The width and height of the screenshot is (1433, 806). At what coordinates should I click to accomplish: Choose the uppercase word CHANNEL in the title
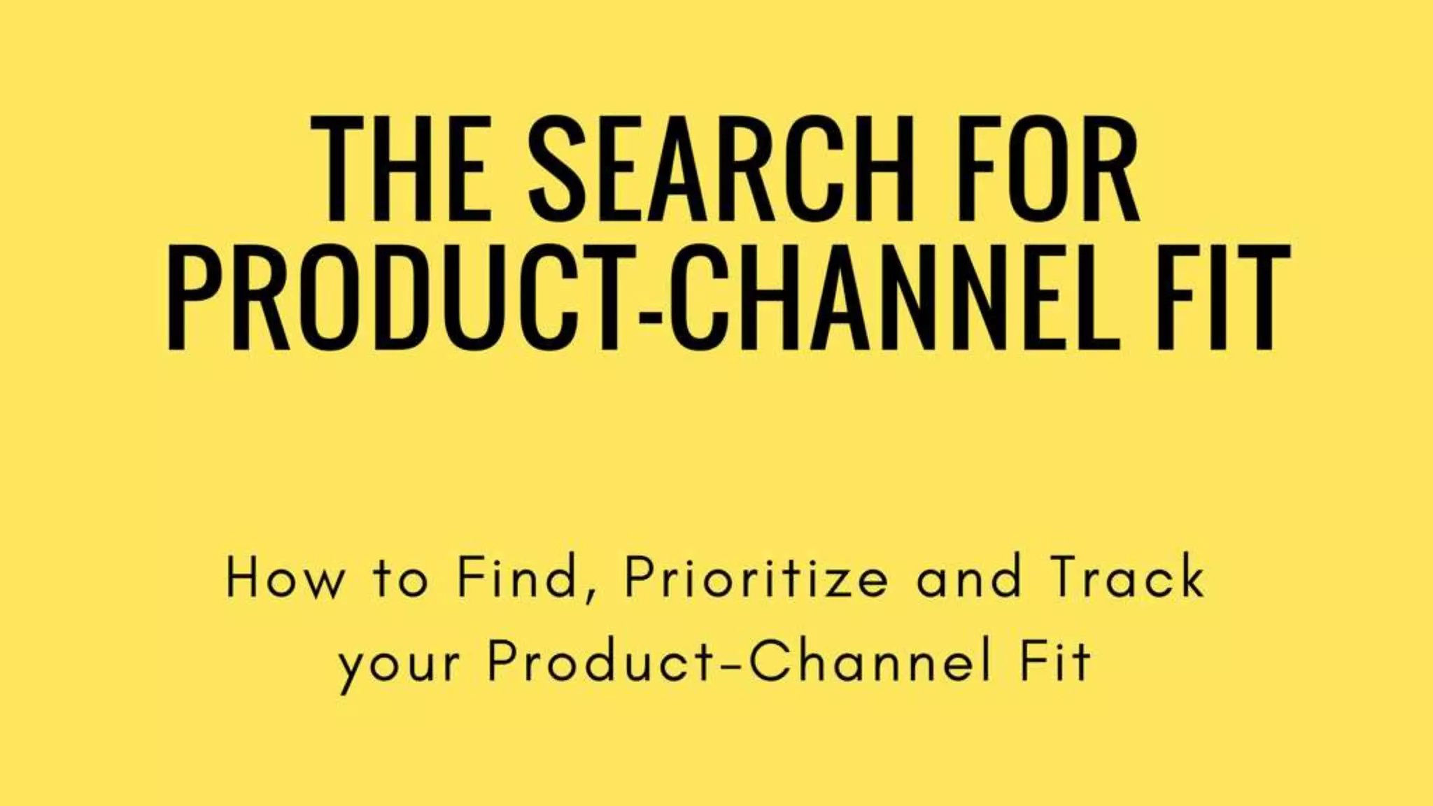[896, 298]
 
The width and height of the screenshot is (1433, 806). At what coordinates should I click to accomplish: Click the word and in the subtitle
[968, 579]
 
